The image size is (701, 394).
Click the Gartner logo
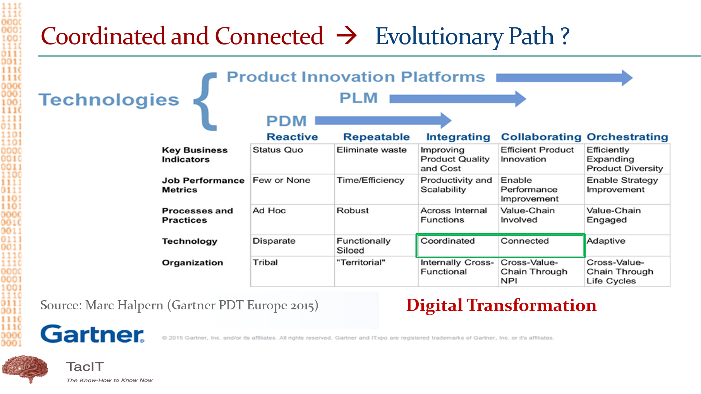coord(92,334)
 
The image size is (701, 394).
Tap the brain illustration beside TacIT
coord(25,368)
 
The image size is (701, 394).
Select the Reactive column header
coord(292,137)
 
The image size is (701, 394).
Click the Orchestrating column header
coord(627,137)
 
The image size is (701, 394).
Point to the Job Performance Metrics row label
coord(203,185)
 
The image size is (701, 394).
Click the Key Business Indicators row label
coord(195,155)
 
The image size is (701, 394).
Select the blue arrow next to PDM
coord(383,120)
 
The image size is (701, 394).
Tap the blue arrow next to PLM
coord(457,98)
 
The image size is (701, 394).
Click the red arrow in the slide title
coord(346,36)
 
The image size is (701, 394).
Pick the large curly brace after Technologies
coord(205,101)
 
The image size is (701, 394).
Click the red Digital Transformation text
coord(501,305)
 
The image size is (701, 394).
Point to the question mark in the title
coord(565,36)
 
